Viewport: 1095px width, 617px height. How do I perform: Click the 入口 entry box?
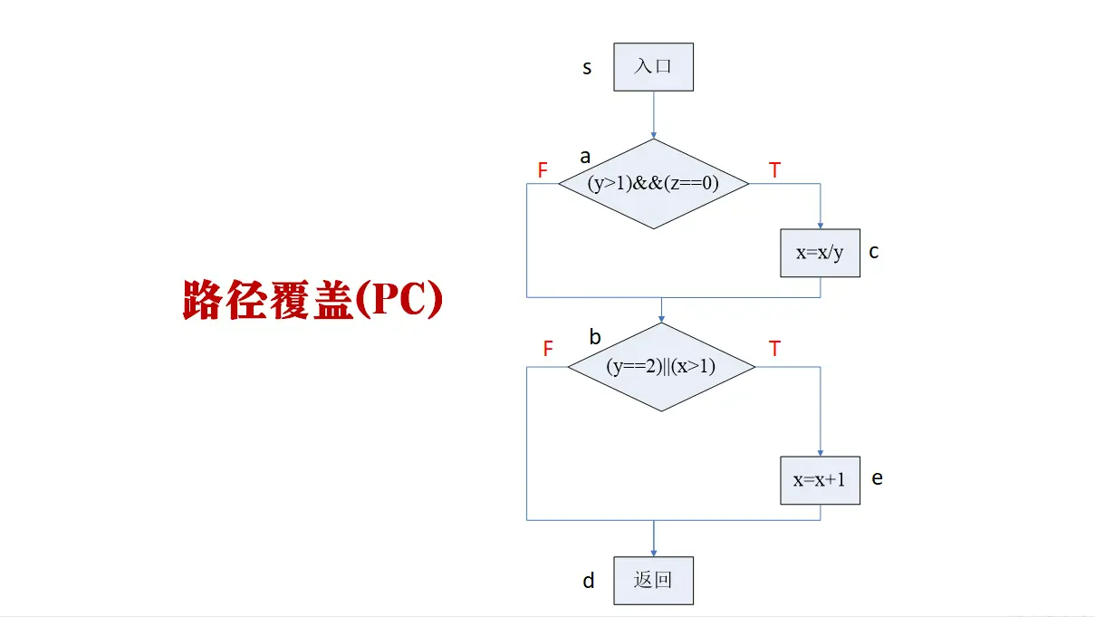pyautogui.click(x=653, y=67)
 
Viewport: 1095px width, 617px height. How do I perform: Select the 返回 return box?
pyautogui.click(x=653, y=581)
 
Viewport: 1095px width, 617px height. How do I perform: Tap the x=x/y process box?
pyautogui.click(x=820, y=253)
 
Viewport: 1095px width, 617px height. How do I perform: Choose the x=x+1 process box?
pyautogui.click(x=820, y=480)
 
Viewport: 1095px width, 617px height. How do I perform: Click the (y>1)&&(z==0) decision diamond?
pyautogui.click(x=653, y=184)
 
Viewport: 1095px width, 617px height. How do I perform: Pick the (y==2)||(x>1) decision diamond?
pyautogui.click(x=661, y=367)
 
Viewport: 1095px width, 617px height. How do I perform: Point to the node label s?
pyautogui.click(x=587, y=67)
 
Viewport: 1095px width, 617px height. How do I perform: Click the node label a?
pyautogui.click(x=585, y=157)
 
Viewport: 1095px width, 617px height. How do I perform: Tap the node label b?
pyautogui.click(x=595, y=338)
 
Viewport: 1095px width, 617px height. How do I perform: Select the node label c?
pyautogui.click(x=874, y=252)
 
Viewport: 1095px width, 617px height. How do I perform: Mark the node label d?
pyautogui.click(x=589, y=581)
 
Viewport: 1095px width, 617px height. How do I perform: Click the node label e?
pyautogui.click(x=877, y=477)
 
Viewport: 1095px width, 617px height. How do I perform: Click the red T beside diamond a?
pyautogui.click(x=774, y=169)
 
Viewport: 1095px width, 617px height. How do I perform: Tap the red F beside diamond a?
pyautogui.click(x=543, y=169)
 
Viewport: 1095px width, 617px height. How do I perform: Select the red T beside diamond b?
pyautogui.click(x=774, y=349)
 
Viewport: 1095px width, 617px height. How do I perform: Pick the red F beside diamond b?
pyautogui.click(x=547, y=349)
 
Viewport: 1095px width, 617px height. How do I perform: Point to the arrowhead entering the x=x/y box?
pyautogui.click(x=820, y=225)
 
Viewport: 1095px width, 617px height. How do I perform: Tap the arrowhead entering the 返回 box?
pyautogui.click(x=653, y=553)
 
